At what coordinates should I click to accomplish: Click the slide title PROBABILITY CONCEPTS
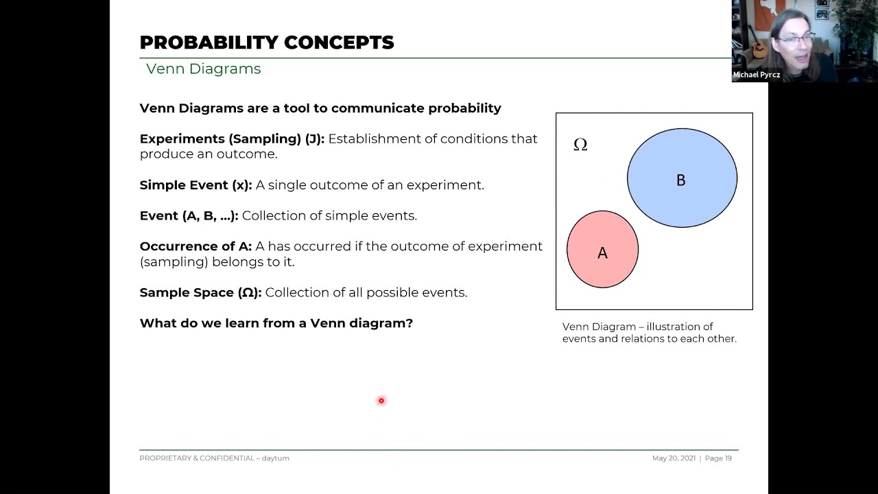(x=266, y=43)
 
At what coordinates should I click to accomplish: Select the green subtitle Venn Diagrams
(x=203, y=69)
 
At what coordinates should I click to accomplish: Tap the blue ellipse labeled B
(x=682, y=178)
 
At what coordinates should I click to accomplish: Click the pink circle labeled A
(x=602, y=250)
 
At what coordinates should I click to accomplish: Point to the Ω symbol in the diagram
(x=580, y=145)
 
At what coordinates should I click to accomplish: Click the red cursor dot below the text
(x=381, y=401)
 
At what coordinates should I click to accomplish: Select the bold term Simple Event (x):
(x=195, y=185)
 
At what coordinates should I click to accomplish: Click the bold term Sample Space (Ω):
(x=200, y=293)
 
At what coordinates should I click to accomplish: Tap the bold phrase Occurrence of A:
(x=195, y=246)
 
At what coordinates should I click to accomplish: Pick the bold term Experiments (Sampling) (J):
(x=232, y=139)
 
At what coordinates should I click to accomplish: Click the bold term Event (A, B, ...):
(x=189, y=216)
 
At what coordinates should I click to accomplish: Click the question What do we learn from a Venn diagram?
(x=276, y=323)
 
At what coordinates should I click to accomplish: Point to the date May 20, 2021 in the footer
(x=674, y=458)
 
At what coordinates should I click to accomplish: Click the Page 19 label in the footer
(x=718, y=458)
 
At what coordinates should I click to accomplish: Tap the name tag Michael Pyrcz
(x=756, y=75)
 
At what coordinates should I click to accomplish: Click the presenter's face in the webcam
(x=795, y=41)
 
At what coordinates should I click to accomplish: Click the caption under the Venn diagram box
(x=649, y=333)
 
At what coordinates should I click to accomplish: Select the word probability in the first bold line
(x=464, y=108)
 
